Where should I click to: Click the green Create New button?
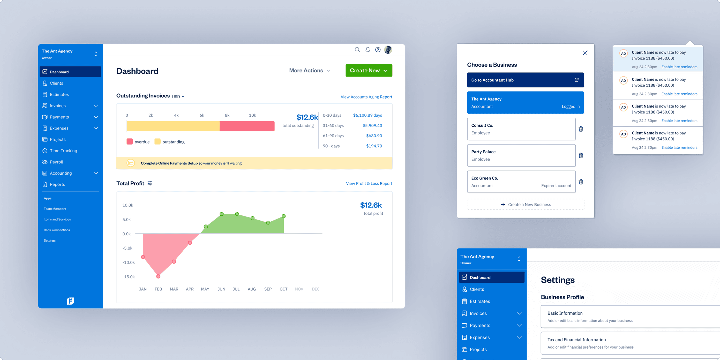point(369,70)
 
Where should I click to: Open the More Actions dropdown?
point(309,70)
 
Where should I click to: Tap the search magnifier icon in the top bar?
point(357,49)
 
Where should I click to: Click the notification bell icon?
point(367,49)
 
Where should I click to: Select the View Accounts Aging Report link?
point(366,97)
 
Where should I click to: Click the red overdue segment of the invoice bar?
point(247,126)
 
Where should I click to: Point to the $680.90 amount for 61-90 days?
point(374,136)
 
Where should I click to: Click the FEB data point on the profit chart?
point(158,276)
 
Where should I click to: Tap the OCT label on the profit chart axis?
point(283,289)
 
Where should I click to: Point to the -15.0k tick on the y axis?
point(129,277)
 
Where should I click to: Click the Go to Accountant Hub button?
point(525,80)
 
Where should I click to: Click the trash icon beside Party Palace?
point(581,155)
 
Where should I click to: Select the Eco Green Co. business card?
point(521,182)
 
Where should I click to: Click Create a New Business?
point(525,204)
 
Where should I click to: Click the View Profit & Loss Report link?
point(369,183)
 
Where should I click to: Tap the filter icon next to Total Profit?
point(150,183)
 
